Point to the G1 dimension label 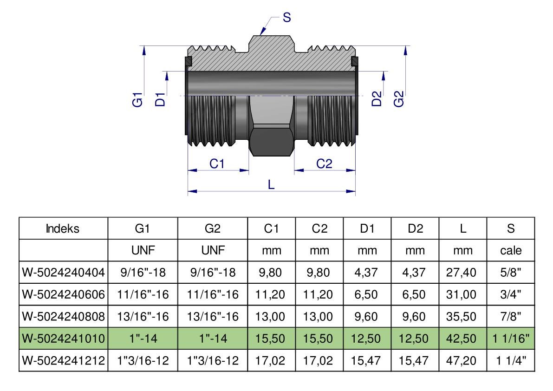pos(137,100)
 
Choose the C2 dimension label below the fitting pos(324,163)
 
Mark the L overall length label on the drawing pos(272,184)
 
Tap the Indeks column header pos(63,228)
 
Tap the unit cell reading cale pos(511,251)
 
